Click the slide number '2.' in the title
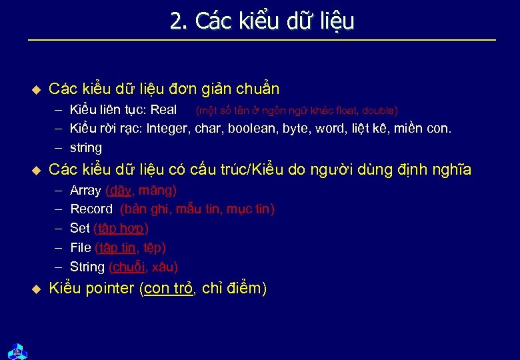pyautogui.click(x=179, y=22)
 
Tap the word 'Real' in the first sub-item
pyautogui.click(x=164, y=110)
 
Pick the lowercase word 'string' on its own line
pyautogui.click(x=86, y=148)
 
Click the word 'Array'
pyautogui.click(x=85, y=191)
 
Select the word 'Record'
pyautogui.click(x=91, y=209)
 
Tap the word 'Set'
pyautogui.click(x=80, y=229)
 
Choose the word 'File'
pyautogui.click(x=81, y=248)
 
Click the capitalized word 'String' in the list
pyautogui.click(x=87, y=267)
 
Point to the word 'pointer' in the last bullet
pyautogui.click(x=110, y=289)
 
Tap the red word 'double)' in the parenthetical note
pyautogui.click(x=380, y=111)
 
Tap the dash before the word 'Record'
pyautogui.click(x=59, y=209)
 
